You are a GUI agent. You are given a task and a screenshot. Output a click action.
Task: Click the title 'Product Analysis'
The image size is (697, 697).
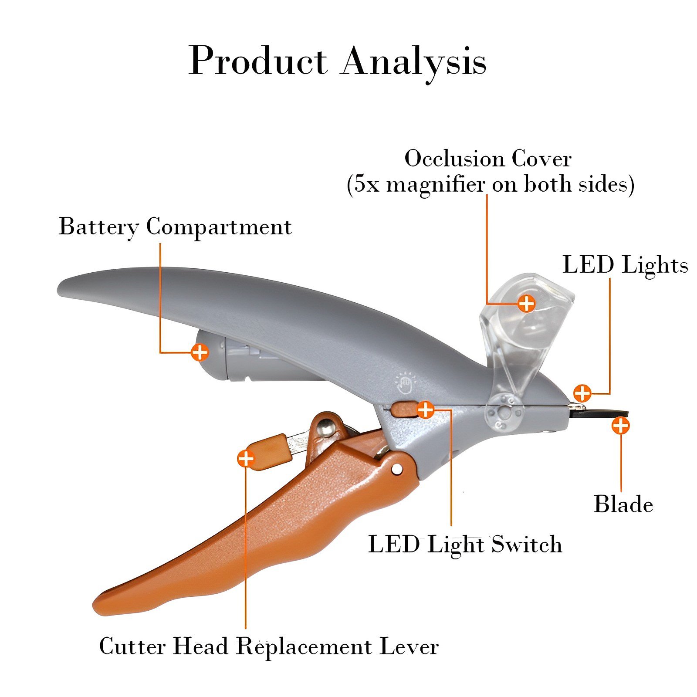[x=338, y=61]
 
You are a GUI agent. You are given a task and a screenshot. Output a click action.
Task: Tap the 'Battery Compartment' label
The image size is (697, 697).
[x=175, y=227]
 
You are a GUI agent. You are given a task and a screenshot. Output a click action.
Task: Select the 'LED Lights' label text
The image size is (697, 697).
[x=625, y=265]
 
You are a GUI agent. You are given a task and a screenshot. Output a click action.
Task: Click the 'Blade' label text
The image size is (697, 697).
[x=623, y=504]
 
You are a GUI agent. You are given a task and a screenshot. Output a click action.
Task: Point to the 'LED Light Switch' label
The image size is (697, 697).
[x=465, y=545]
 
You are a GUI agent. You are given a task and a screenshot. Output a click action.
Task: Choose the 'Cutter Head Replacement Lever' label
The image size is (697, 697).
[x=269, y=646]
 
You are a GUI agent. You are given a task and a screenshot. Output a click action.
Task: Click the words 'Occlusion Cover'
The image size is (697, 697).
[x=488, y=159]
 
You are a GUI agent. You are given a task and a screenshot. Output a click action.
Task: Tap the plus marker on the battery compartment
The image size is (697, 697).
[x=200, y=352]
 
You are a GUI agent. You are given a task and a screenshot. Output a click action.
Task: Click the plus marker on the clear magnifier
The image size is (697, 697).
[x=527, y=303]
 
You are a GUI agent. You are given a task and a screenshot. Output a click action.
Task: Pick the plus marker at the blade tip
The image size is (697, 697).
[x=620, y=426]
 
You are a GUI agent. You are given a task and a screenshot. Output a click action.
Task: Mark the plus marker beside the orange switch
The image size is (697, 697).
[x=426, y=409]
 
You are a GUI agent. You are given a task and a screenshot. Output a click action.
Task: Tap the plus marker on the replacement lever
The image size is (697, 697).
[x=246, y=458]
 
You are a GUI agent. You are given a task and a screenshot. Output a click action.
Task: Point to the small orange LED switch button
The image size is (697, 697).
[x=403, y=409]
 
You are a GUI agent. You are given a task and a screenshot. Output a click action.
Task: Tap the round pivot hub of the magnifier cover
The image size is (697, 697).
[x=504, y=412]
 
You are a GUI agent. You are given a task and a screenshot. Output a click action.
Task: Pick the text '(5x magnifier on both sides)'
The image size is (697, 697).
[x=490, y=184]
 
